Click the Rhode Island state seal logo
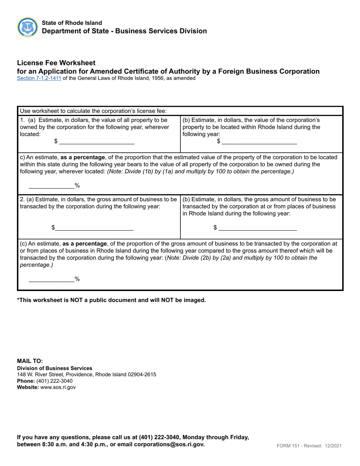(28, 27)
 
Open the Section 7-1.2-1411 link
(39, 78)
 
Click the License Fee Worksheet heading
(56, 63)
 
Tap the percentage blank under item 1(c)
(52, 185)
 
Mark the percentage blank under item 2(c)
(52, 279)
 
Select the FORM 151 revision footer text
(308, 446)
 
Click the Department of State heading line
(124, 31)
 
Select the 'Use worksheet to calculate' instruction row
(93, 111)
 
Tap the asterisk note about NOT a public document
(111, 300)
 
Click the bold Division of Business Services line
(55, 368)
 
